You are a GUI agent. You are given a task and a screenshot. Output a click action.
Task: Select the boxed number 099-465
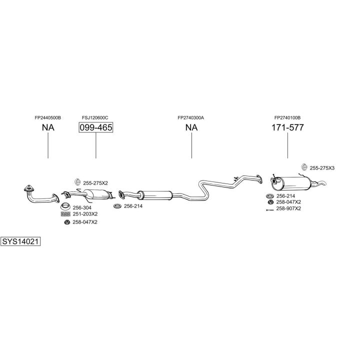pos(95,127)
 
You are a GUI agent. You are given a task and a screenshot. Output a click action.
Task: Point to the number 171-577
pos(287,127)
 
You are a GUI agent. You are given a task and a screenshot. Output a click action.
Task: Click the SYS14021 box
pos(20,241)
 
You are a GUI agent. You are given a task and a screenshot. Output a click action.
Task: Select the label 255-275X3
pos(322,168)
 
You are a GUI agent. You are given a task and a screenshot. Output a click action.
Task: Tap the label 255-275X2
pos(95,183)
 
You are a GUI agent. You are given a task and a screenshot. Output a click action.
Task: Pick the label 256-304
pos(81,207)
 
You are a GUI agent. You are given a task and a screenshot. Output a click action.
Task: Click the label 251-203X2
pos(85,214)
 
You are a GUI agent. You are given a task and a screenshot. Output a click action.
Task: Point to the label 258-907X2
pos(288,208)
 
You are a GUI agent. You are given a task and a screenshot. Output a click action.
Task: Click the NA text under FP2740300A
pos(191,127)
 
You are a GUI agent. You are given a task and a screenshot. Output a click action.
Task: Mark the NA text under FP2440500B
pos(48,127)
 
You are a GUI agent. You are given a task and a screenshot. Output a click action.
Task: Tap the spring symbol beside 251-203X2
pos(64,214)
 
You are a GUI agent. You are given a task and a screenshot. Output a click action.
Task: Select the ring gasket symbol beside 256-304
pos(64,207)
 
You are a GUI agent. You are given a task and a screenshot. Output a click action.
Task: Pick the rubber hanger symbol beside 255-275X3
pos(304,167)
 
